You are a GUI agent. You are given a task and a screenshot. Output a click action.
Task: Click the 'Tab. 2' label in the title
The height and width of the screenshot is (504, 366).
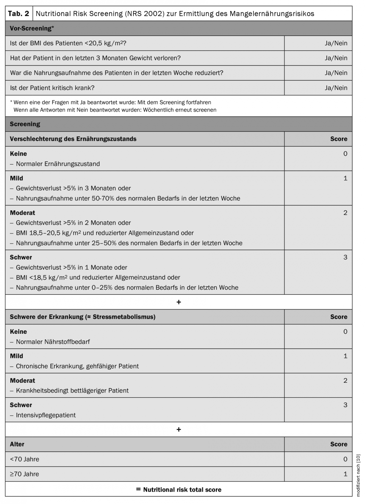tap(18, 14)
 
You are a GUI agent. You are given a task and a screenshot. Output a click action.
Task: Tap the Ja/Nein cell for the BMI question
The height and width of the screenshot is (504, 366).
tap(336, 43)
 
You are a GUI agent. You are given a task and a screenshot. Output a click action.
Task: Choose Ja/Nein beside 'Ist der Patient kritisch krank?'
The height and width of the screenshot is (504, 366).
tap(336, 88)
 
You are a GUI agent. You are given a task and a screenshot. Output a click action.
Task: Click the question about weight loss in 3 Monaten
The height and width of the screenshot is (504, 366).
tap(95, 58)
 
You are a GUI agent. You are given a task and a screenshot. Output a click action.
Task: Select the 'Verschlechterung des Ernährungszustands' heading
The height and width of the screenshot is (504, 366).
tap(73, 139)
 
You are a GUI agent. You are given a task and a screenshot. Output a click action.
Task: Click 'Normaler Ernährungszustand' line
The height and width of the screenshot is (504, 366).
tap(58, 164)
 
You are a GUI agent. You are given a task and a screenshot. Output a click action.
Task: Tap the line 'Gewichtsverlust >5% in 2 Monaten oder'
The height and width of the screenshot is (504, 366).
tap(73, 223)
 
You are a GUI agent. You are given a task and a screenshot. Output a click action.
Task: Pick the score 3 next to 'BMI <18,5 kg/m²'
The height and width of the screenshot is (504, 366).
tap(345, 257)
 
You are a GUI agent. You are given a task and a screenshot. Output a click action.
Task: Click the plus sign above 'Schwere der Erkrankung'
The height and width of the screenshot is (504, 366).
tap(179, 302)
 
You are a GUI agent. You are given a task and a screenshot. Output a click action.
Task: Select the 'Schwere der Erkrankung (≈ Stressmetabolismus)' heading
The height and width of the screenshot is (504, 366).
tap(83, 317)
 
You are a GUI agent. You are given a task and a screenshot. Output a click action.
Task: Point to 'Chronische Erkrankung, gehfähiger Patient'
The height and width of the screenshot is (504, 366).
tap(77, 366)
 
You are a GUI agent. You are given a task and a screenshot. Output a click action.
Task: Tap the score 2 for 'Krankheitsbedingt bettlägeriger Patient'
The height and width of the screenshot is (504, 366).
tap(345, 380)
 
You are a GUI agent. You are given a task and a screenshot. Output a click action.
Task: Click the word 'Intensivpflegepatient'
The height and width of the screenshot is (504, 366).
tap(46, 415)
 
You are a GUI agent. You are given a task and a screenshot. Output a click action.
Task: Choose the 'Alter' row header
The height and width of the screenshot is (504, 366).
tap(17, 444)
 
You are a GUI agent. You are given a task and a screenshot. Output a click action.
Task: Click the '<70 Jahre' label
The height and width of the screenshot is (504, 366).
tap(24, 459)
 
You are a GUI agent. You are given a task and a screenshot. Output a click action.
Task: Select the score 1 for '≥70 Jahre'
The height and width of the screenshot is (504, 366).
tap(345, 474)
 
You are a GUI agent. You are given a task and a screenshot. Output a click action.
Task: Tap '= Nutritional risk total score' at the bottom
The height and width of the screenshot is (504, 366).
tap(179, 489)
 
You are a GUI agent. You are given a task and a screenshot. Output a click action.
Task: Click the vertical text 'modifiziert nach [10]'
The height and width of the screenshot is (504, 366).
tap(358, 475)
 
